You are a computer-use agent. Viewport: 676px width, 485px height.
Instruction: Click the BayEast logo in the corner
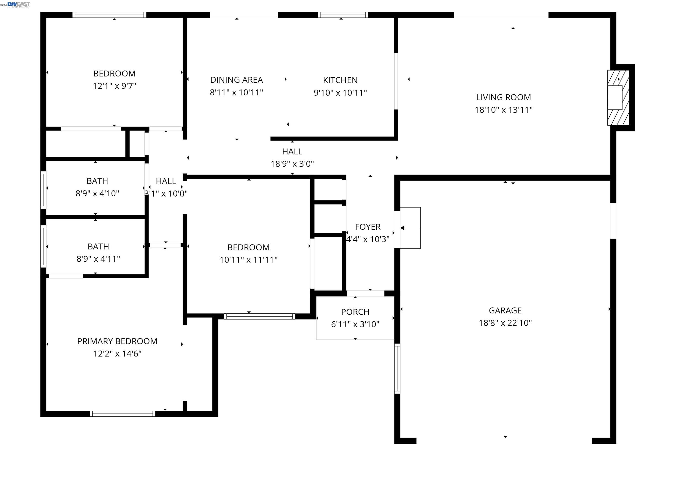pyautogui.click(x=19, y=4)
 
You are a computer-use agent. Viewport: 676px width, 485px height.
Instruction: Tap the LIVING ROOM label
pyautogui.click(x=503, y=97)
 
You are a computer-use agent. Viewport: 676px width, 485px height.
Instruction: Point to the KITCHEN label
pyautogui.click(x=340, y=80)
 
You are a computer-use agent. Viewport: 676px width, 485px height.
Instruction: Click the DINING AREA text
pyautogui.click(x=236, y=80)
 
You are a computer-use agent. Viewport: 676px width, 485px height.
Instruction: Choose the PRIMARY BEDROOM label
pyautogui.click(x=117, y=341)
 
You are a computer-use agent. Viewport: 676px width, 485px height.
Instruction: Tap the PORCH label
pyautogui.click(x=355, y=312)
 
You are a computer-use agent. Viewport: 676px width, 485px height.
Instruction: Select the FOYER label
pyautogui.click(x=367, y=227)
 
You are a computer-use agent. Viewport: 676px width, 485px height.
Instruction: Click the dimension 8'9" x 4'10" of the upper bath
pyautogui.click(x=97, y=193)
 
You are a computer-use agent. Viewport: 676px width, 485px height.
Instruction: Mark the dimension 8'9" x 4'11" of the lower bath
pyautogui.click(x=98, y=259)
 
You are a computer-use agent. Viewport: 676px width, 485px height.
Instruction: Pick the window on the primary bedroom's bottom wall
pyautogui.click(x=122, y=413)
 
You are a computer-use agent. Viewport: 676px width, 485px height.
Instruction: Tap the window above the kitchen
pyautogui.click(x=343, y=15)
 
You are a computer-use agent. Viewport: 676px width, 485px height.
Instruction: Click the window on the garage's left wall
pyautogui.click(x=397, y=368)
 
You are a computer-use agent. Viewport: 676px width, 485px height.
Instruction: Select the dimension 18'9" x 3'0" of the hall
pyautogui.click(x=292, y=164)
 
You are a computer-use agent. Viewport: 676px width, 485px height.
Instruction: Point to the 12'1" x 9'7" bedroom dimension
pyautogui.click(x=114, y=86)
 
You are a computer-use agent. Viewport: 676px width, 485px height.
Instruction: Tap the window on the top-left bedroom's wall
pyautogui.click(x=109, y=15)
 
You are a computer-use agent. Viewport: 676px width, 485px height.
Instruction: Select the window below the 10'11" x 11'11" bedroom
pyautogui.click(x=259, y=316)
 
